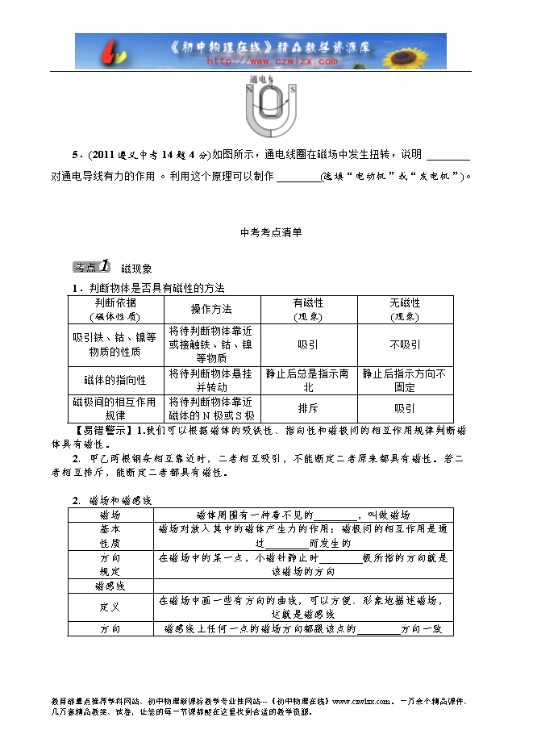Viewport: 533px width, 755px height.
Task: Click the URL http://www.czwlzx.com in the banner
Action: (273, 60)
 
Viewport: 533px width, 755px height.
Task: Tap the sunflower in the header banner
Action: (421, 52)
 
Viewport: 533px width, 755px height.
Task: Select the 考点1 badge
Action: (91, 267)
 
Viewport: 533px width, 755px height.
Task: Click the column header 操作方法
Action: (210, 309)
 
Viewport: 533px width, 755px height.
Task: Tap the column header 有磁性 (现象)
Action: (308, 309)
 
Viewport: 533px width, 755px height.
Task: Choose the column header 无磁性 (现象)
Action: (405, 309)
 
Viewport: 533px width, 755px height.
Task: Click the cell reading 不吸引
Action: (405, 344)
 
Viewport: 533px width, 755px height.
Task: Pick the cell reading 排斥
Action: (308, 408)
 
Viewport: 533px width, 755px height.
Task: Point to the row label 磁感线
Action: (110, 585)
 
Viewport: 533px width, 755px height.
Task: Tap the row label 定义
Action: (110, 607)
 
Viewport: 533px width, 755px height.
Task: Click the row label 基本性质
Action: (110, 536)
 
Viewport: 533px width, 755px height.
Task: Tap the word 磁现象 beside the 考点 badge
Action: (136, 269)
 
